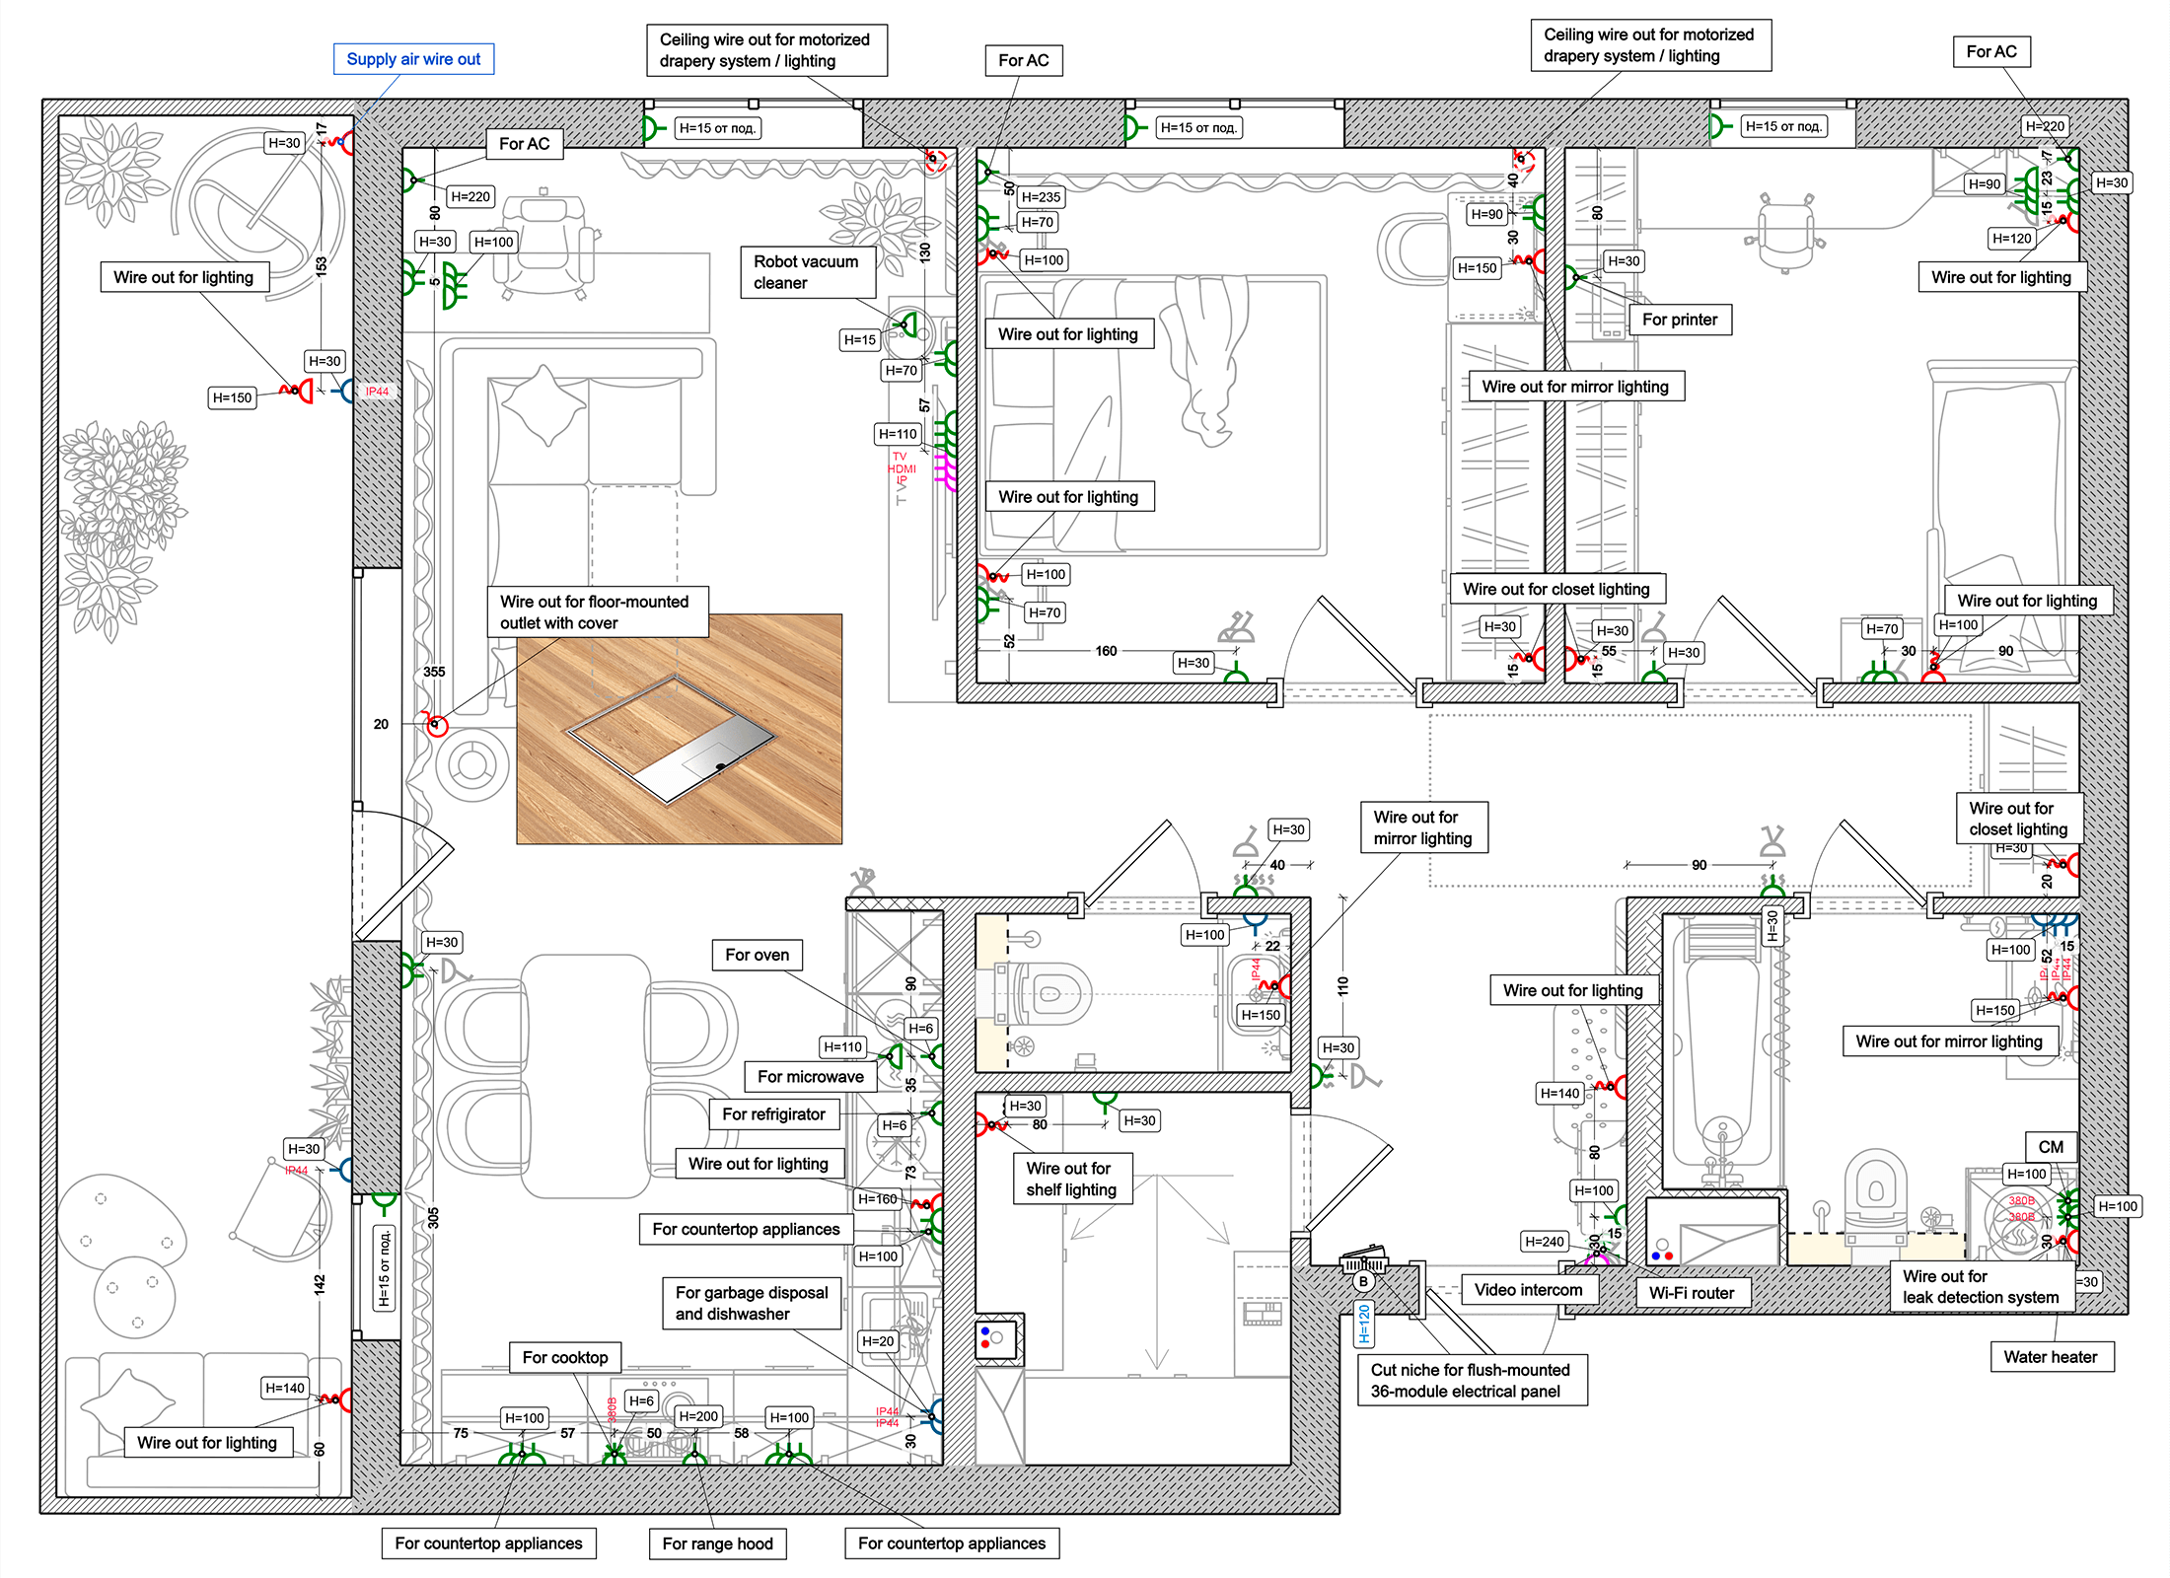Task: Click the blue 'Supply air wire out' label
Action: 413,59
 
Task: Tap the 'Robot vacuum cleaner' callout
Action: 807,272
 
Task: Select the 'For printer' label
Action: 1679,320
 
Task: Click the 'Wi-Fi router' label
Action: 1691,1293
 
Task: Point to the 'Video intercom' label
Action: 1528,1290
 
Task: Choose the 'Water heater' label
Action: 2050,1357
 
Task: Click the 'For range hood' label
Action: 717,1543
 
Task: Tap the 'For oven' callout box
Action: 757,955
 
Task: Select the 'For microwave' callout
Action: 810,1077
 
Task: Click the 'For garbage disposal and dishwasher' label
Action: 752,1303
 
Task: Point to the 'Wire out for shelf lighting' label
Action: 1071,1180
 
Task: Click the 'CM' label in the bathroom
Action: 2051,1147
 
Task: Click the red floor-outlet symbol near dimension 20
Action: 436,726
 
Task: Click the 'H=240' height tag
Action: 1544,1242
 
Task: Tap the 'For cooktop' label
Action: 564,1357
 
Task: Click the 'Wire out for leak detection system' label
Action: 1980,1287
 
